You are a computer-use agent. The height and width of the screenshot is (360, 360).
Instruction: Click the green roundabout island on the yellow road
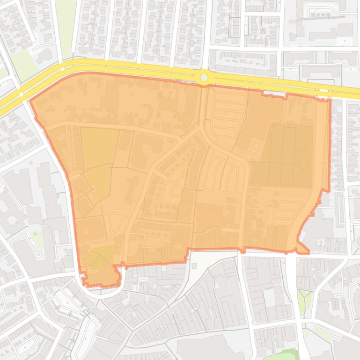[x=204, y=78]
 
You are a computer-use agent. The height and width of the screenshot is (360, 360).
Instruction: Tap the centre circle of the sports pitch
[x=303, y=164]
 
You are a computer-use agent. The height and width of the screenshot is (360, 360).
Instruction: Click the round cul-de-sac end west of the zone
[x=38, y=254]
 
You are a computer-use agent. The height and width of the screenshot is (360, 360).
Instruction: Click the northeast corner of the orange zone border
[x=330, y=100]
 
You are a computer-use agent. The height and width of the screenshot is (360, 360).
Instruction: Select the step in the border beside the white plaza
[x=188, y=255]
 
